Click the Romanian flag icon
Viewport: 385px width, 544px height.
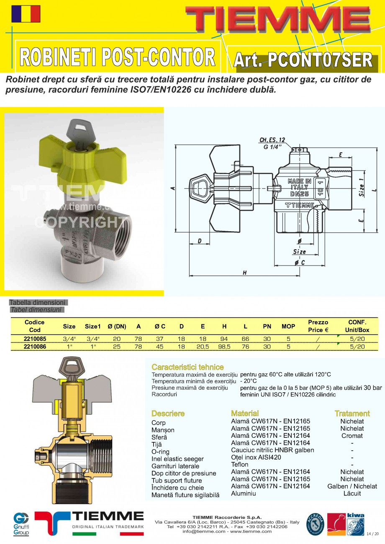pyautogui.click(x=26, y=14)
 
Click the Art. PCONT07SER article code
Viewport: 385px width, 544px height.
pyautogui.click(x=303, y=60)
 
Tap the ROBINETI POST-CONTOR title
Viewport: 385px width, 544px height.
pyautogui.click(x=117, y=57)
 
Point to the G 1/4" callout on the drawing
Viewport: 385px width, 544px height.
pyautogui.click(x=272, y=146)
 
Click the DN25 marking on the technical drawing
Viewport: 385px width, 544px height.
pyautogui.click(x=299, y=194)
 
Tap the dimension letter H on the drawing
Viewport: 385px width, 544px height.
pyautogui.click(x=244, y=273)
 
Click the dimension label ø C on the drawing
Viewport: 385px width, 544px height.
pyautogui.click(x=299, y=262)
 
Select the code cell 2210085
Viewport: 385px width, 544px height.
pyautogui.click(x=35, y=339)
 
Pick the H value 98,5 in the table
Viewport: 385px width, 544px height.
pyautogui.click(x=224, y=347)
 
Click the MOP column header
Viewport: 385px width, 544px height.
pyautogui.click(x=288, y=326)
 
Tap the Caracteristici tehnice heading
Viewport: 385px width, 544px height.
pyautogui.click(x=187, y=367)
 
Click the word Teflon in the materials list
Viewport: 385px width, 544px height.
pyautogui.click(x=240, y=465)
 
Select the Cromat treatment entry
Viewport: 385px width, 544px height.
pyautogui.click(x=352, y=436)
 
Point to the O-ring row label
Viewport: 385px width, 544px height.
pyautogui.click(x=160, y=452)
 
